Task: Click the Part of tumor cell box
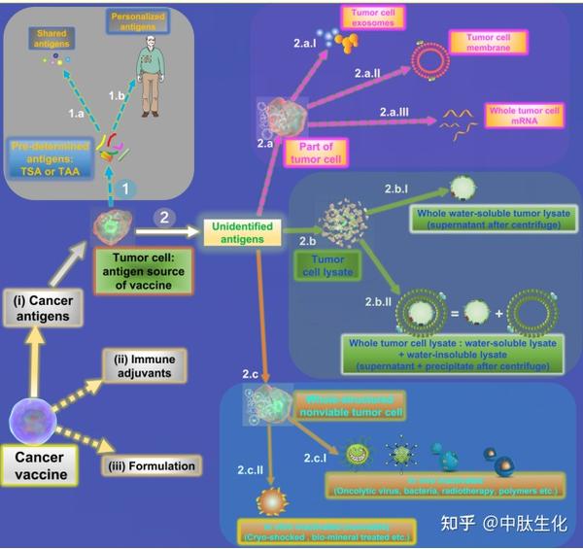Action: click(x=316, y=151)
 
